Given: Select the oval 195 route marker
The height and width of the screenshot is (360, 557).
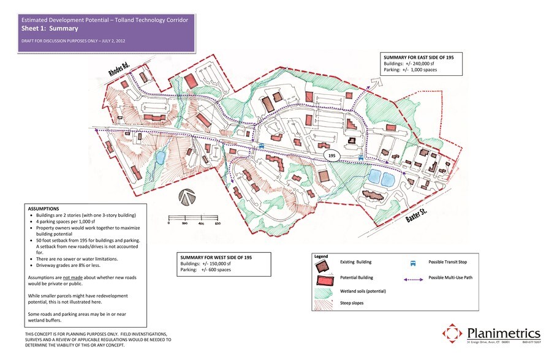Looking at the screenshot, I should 333,156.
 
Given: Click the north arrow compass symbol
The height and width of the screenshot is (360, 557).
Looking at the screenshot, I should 187,197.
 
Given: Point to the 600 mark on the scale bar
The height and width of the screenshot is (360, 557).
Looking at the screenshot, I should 217,224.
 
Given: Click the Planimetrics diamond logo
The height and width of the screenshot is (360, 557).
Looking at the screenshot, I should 453,334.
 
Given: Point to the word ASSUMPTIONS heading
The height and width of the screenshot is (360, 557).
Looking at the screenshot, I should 44,209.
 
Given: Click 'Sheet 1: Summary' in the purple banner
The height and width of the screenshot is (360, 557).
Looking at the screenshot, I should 50,28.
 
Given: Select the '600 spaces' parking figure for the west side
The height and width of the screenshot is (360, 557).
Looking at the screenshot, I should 221,270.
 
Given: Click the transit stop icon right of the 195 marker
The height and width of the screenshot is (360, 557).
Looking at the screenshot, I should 360,157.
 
